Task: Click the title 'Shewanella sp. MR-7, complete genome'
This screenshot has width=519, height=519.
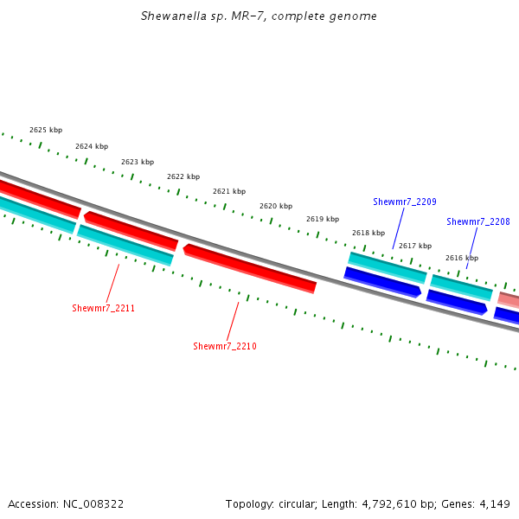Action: click(x=259, y=16)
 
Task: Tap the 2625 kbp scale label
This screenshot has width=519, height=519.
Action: click(x=46, y=130)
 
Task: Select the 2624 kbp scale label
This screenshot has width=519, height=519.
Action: click(x=92, y=146)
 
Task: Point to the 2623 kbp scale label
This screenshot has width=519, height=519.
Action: click(x=138, y=162)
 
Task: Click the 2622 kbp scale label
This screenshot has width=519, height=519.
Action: click(x=183, y=176)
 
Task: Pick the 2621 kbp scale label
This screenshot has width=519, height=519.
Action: click(x=229, y=191)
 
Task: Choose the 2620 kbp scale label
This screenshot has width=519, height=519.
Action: click(x=276, y=206)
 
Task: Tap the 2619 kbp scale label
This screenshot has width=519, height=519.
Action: click(x=323, y=219)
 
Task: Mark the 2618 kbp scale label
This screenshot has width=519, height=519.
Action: click(x=368, y=233)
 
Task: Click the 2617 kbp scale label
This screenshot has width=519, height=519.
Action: click(x=415, y=246)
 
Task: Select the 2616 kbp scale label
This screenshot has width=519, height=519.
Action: click(x=462, y=258)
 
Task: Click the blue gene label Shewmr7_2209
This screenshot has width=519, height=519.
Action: click(x=405, y=202)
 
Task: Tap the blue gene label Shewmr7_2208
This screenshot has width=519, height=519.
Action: click(x=478, y=221)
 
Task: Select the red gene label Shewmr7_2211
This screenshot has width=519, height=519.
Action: click(x=104, y=308)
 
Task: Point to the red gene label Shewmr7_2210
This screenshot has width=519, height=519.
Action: click(x=225, y=346)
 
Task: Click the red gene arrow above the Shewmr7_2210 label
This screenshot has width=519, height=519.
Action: click(x=249, y=268)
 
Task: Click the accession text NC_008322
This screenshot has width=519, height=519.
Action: click(x=92, y=503)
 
